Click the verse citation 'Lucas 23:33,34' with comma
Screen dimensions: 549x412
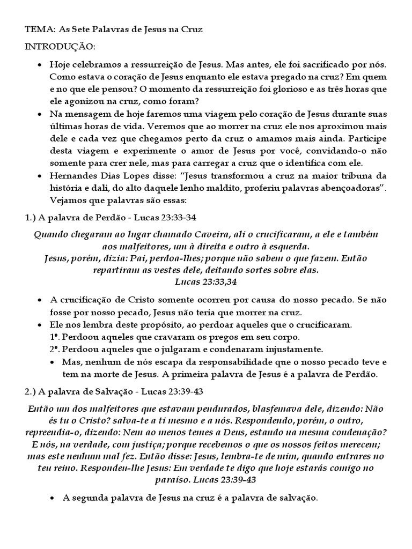[x=206, y=281]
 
